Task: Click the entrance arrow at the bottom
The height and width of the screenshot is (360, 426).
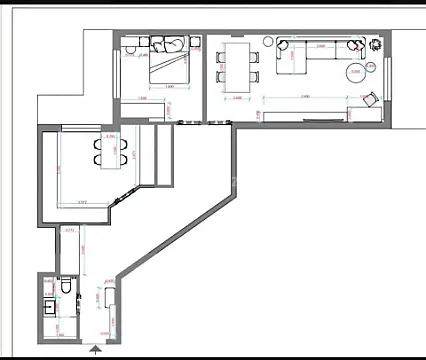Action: pos(95,350)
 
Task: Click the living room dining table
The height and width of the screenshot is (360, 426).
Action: pos(236,66)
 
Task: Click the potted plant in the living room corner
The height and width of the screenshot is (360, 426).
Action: pos(374,44)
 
